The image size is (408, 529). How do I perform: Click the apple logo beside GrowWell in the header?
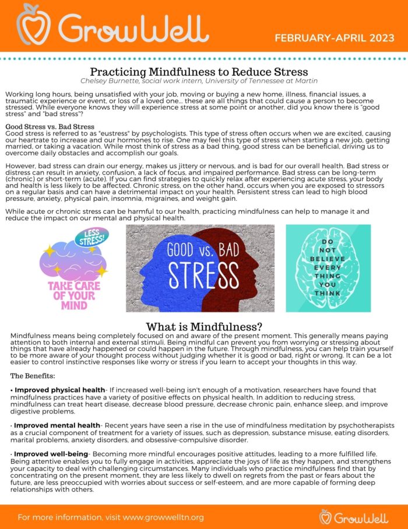32,24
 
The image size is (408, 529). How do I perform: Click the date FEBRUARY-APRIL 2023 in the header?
335,39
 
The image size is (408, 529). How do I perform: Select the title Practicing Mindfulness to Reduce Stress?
203,72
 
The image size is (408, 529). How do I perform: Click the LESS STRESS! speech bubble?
92,238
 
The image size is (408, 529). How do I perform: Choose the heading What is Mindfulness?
204,327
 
